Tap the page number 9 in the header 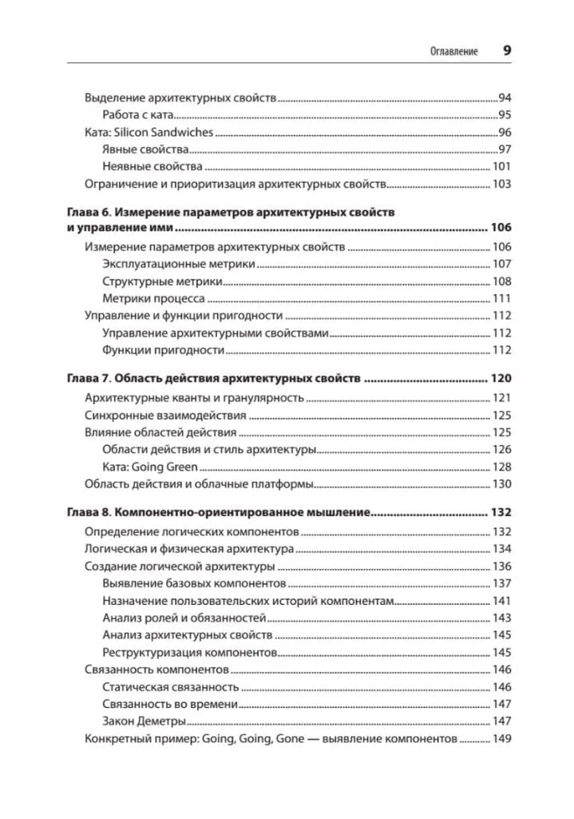pyautogui.click(x=507, y=50)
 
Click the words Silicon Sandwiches pyautogui.click(x=167, y=132)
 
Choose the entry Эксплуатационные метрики pyautogui.click(x=179, y=264)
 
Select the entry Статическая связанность pyautogui.click(x=171, y=686)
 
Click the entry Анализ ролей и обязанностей pyautogui.click(x=184, y=618)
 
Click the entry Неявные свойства pyautogui.click(x=152, y=167)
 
